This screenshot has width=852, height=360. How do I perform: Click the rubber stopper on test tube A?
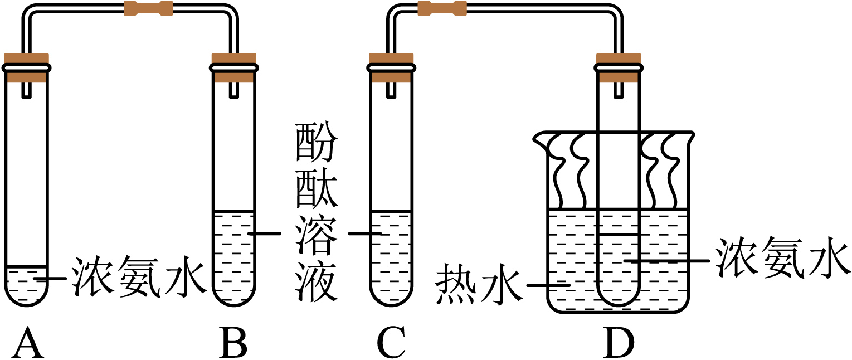27,68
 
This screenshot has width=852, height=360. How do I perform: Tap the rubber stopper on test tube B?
234,68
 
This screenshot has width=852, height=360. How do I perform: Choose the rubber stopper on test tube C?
391,68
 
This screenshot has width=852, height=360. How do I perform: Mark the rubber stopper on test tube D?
619,68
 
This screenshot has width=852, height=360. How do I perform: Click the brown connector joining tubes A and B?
148,8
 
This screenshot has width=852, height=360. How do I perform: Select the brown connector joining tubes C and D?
442,8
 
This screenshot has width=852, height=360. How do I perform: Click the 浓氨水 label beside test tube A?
139,277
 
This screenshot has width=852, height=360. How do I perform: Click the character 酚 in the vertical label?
317,142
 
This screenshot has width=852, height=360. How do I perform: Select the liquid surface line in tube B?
234,211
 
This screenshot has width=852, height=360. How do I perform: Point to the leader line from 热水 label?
548,285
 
